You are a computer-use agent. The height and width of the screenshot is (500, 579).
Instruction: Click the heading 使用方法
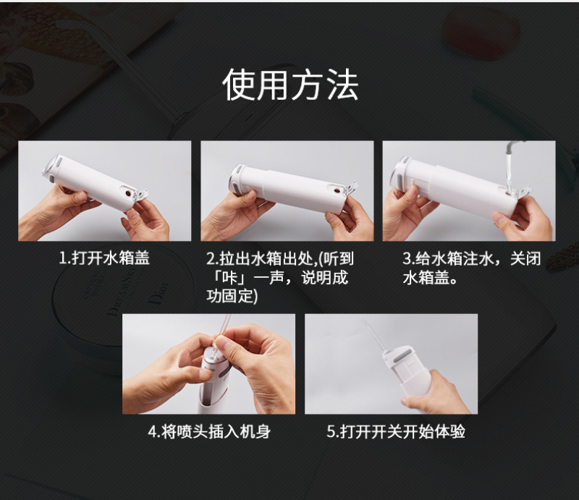tap(290, 85)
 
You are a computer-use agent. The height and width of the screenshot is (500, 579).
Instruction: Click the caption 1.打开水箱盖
tap(104, 258)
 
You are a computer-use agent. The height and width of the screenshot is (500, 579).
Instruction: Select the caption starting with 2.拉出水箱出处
tap(280, 277)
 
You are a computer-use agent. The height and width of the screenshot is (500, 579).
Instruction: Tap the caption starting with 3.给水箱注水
tap(472, 268)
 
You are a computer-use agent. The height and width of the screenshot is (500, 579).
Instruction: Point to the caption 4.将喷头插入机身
tap(209, 431)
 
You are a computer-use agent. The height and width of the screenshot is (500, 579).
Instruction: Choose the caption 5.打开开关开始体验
tap(396, 431)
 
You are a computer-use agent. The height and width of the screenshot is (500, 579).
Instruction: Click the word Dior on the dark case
tap(159, 294)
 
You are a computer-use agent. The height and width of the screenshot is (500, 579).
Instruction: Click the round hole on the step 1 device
tap(128, 193)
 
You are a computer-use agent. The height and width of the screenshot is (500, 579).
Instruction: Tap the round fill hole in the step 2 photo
tap(337, 190)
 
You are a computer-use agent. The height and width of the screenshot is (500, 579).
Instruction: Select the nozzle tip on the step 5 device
tap(364, 322)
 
